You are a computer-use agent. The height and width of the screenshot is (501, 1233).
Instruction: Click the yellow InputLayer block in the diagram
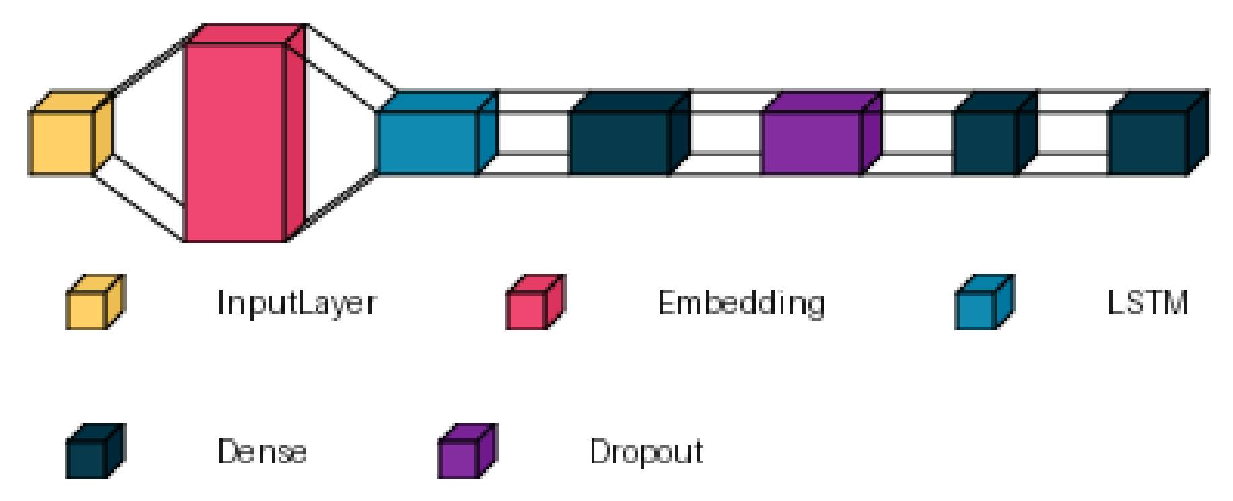(62, 142)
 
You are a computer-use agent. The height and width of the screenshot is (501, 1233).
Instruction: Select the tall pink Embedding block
(236, 141)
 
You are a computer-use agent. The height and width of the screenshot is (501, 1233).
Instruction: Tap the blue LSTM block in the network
(428, 142)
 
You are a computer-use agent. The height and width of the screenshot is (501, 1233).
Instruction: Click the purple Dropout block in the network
(812, 142)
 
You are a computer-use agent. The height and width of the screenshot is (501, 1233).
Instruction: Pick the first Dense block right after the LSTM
(620, 142)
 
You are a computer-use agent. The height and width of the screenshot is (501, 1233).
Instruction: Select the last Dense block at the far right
(1148, 142)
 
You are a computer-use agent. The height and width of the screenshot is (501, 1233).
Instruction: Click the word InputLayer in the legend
(297, 303)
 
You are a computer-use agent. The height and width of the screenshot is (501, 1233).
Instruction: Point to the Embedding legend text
(741, 303)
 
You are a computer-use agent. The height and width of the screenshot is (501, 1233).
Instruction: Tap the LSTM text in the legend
(1148, 302)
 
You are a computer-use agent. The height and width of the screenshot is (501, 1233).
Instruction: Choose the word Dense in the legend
(262, 451)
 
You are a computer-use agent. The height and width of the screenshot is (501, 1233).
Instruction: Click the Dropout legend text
(646, 452)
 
